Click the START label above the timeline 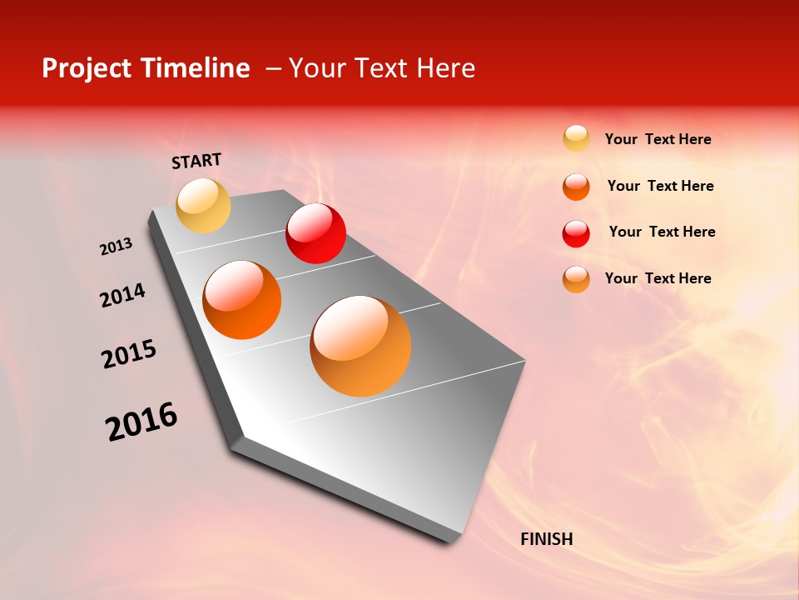(x=196, y=161)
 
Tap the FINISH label (x=546, y=539)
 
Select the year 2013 (x=116, y=247)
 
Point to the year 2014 (x=122, y=295)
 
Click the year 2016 (x=141, y=422)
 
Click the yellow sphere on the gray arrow (x=203, y=205)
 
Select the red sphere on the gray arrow (x=315, y=233)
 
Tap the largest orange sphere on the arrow (x=360, y=346)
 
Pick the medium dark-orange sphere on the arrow (x=242, y=300)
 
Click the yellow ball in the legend (x=576, y=138)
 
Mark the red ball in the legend (x=576, y=233)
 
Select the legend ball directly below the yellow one (x=576, y=187)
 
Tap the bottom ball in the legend (x=576, y=279)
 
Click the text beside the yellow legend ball (x=658, y=140)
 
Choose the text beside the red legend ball (x=662, y=232)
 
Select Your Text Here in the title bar (x=382, y=68)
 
